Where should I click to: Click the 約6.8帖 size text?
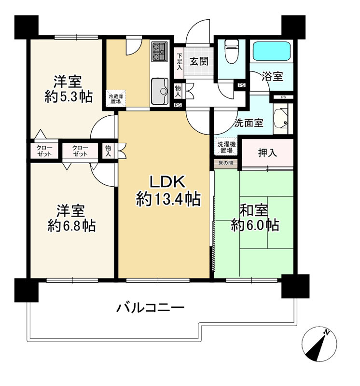71,225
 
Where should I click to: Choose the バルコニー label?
150,307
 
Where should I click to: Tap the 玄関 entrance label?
198,61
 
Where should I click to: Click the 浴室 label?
272,76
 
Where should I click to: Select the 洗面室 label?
249,123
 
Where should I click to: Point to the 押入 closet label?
268,153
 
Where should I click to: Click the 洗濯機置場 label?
226,147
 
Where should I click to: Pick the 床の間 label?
225,163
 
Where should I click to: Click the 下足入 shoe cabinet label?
179,61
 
